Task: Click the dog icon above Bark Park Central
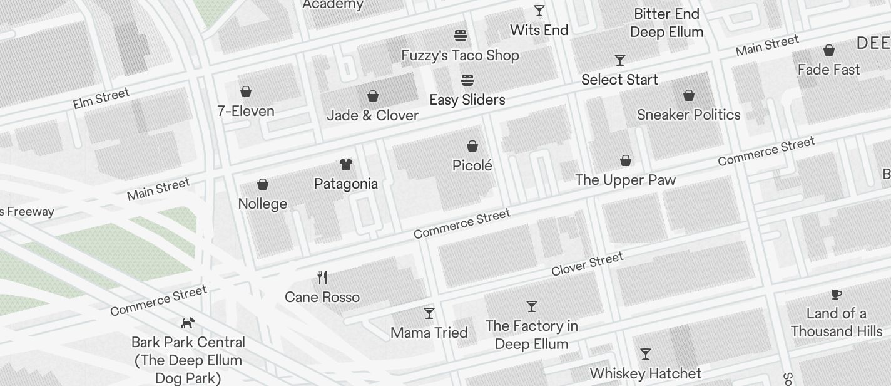tap(188, 323)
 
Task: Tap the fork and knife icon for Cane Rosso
tap(322, 277)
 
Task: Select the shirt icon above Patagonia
tap(345, 164)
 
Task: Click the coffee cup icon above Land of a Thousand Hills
tap(836, 294)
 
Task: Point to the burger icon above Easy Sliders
tap(467, 80)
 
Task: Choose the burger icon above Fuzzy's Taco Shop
tap(461, 35)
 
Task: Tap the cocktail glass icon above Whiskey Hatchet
tap(646, 354)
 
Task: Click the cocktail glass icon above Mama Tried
tap(429, 313)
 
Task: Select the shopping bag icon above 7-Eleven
tap(246, 91)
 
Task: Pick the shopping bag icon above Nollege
tap(263, 184)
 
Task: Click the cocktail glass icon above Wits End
tap(539, 11)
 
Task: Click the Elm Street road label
tap(101, 98)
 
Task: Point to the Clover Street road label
tap(587, 264)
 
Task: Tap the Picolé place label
tap(472, 165)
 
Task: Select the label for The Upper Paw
tap(625, 180)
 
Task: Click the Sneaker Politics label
tap(688, 115)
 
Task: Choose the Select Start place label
tap(619, 80)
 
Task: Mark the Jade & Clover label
tap(372, 115)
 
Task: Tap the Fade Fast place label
tap(828, 70)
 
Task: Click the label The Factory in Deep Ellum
tap(531, 335)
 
